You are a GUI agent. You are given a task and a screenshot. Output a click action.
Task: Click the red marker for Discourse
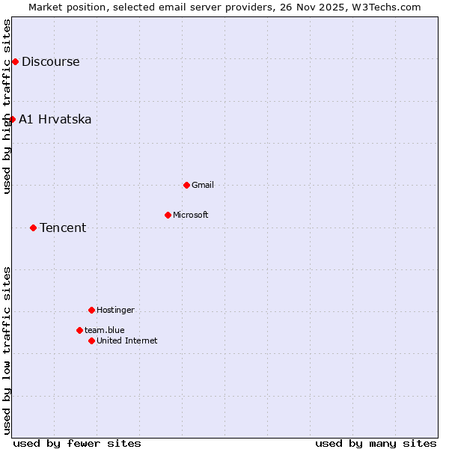click(15, 61)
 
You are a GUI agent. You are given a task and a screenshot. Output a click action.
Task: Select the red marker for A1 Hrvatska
click(12, 119)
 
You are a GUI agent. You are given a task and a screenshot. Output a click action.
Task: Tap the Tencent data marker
click(33, 227)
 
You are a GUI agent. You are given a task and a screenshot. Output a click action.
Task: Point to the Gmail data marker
click(186, 185)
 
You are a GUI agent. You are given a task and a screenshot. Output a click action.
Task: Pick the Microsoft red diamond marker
click(168, 215)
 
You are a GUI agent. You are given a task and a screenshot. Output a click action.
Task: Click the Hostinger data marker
click(91, 310)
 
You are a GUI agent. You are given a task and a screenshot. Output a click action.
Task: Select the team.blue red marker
click(79, 330)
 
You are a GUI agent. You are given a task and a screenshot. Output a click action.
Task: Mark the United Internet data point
click(91, 340)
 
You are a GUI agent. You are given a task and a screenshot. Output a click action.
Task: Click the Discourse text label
click(50, 61)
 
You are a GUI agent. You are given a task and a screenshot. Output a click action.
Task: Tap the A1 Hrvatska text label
click(55, 119)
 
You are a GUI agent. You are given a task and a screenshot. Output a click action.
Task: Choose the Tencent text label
click(63, 227)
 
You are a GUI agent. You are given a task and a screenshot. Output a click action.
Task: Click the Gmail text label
click(203, 185)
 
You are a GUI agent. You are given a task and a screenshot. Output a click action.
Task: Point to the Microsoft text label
click(191, 215)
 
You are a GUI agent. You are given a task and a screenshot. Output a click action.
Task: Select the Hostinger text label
click(115, 310)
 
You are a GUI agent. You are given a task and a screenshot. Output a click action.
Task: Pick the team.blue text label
click(105, 330)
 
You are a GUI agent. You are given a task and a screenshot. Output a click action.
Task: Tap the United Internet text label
click(127, 340)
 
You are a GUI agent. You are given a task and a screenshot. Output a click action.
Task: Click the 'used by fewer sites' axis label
click(77, 443)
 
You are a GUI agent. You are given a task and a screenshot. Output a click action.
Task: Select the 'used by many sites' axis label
click(376, 443)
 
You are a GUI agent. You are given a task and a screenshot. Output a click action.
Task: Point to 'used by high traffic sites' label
click(7, 106)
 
